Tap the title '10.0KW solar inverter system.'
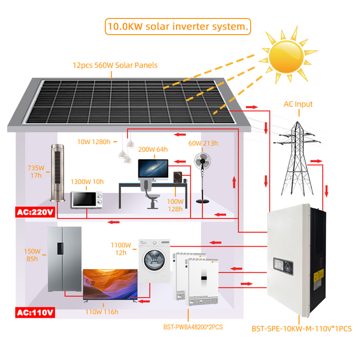177,27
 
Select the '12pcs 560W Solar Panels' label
115,65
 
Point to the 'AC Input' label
298,104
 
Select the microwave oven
87,199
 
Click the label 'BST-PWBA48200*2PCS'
193,327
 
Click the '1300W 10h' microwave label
87,182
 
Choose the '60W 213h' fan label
203,144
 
